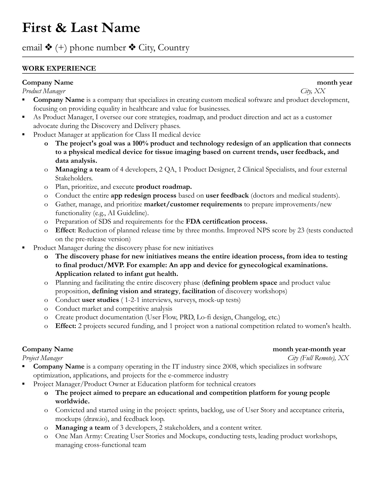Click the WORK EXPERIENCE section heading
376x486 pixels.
click(x=59, y=68)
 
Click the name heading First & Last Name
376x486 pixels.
click(x=81, y=28)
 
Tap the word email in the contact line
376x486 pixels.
click(x=32, y=48)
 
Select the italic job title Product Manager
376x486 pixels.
click(x=44, y=91)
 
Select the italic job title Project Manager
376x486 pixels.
click(x=42, y=358)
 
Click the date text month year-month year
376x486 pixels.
click(x=309, y=349)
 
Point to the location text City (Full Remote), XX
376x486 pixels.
click(x=318, y=358)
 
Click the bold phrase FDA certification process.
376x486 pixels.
click(x=226, y=222)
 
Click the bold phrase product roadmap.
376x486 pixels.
click(x=164, y=187)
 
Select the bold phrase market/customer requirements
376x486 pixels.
click(x=193, y=204)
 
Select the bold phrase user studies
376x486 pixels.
click(x=100, y=300)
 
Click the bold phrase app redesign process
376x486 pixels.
click(x=143, y=196)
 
